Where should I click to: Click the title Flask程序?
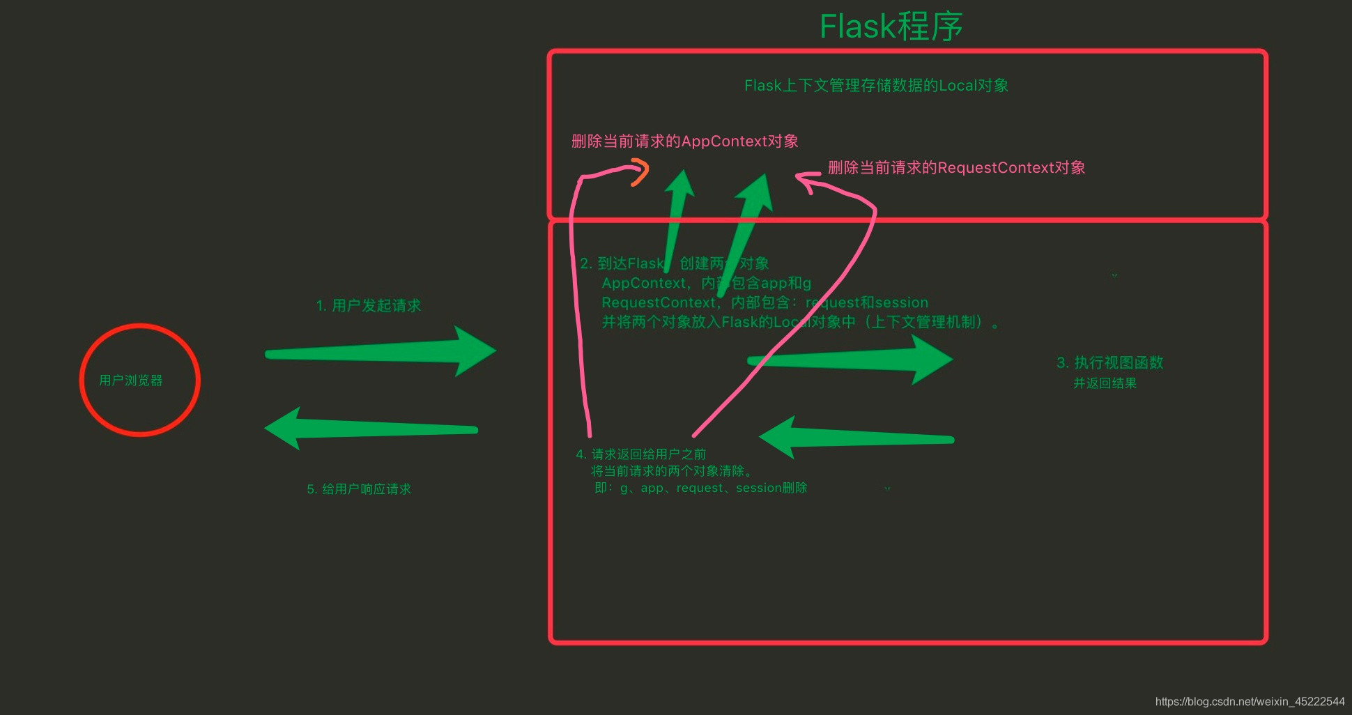tap(891, 26)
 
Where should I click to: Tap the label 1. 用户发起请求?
tap(368, 306)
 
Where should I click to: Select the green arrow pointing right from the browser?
tap(380, 351)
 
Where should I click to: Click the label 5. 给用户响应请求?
tap(359, 489)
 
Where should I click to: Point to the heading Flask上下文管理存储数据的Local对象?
tap(876, 86)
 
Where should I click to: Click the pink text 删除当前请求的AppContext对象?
tap(684, 141)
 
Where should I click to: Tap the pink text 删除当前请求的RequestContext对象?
tap(956, 168)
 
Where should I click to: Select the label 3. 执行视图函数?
tap(1109, 363)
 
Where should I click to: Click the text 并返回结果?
tap(1105, 383)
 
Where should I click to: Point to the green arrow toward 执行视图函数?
tap(850, 360)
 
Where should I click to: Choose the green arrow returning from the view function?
tap(856, 438)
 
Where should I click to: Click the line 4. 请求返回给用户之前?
tap(640, 454)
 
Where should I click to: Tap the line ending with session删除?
tap(700, 488)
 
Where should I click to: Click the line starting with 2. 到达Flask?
tap(674, 263)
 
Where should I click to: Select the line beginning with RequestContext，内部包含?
tap(765, 302)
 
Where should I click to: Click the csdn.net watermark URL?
tap(1250, 702)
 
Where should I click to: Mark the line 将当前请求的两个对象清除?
tap(671, 471)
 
